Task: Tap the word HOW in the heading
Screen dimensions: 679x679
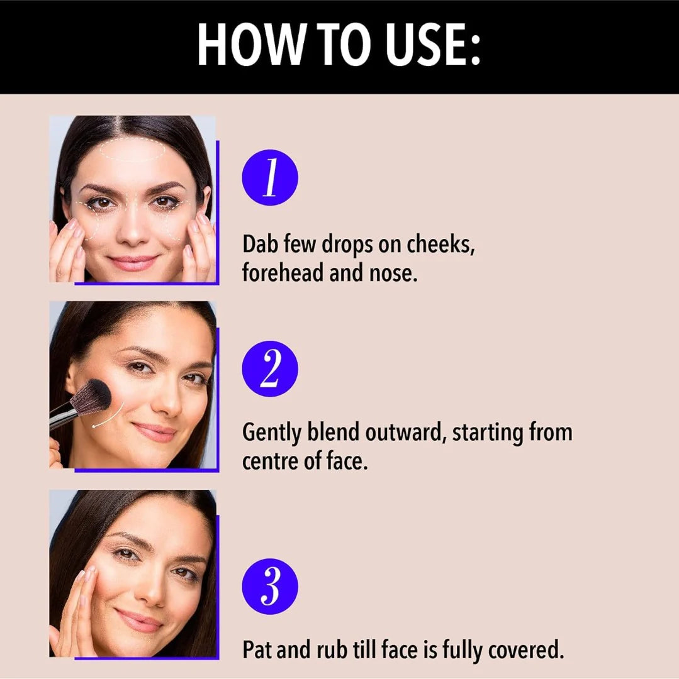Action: (250, 45)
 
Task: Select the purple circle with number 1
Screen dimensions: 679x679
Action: (270, 177)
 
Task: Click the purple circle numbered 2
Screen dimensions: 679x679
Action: (270, 368)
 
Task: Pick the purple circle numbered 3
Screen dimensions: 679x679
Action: (270, 587)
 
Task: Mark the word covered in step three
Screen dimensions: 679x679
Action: (526, 649)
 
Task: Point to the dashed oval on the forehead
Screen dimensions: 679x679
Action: (133, 150)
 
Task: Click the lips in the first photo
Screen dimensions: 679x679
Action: (133, 262)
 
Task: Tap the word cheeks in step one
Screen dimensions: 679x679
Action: (441, 245)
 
